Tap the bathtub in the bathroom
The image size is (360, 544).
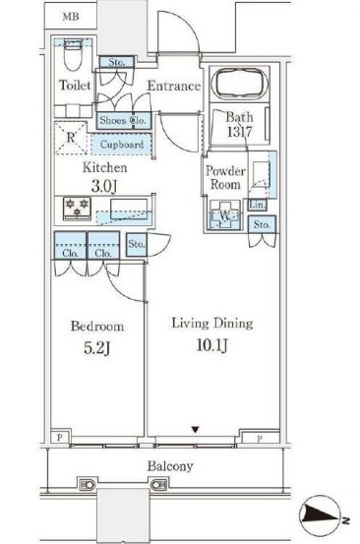click(x=240, y=84)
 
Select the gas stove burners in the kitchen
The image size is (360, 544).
click(x=78, y=209)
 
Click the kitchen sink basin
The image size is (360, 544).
click(x=129, y=209)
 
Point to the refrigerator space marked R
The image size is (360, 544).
click(x=71, y=138)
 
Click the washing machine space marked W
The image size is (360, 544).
click(x=225, y=215)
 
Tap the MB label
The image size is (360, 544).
click(x=71, y=16)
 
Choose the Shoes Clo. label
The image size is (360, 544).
click(x=124, y=120)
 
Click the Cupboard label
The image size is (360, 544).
click(x=122, y=145)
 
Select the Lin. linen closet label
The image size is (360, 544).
click(x=258, y=205)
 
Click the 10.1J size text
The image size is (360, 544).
click(x=212, y=345)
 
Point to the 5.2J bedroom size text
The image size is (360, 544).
click(x=96, y=348)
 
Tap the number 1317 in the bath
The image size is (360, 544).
click(x=240, y=132)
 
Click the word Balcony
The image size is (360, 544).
click(x=170, y=466)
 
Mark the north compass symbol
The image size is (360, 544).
click(x=324, y=515)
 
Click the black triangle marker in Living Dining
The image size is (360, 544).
click(x=196, y=430)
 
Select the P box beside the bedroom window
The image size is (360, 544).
click(x=60, y=437)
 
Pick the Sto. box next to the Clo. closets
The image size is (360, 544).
click(x=137, y=244)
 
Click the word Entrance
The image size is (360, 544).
click(x=174, y=86)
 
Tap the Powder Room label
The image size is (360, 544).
click(x=225, y=177)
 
